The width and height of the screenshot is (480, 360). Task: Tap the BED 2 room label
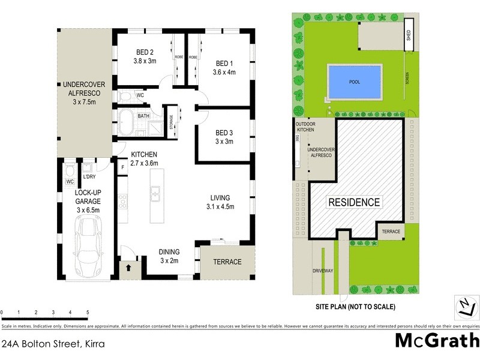coord(144,56)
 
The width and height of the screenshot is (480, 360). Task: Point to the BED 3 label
coord(224,137)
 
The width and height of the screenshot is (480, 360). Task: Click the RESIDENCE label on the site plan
coord(353,202)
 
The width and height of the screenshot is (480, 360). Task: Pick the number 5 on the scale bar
coord(88,313)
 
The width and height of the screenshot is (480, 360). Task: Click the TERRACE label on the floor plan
coord(227,262)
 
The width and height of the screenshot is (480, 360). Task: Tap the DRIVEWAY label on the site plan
coord(322,271)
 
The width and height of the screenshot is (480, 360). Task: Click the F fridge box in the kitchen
coord(122,167)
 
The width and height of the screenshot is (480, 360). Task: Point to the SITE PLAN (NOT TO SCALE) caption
coord(355,307)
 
